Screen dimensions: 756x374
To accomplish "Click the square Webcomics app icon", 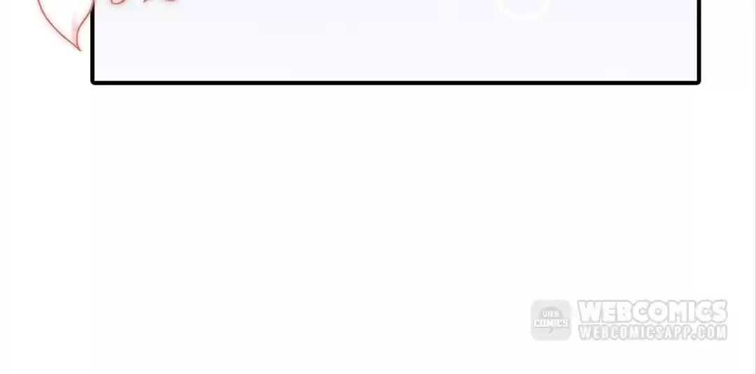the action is coord(551,320).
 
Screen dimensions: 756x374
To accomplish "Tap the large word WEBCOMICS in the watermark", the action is coord(652,312).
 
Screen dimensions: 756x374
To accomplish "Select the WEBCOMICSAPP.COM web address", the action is coord(652,333).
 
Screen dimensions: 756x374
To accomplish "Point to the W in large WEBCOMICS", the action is coord(589,312).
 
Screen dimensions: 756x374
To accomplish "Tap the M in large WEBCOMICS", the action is coord(673,312).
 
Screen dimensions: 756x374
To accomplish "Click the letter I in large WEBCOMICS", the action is coord(689,312).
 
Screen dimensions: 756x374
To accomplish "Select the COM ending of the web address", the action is coord(712,333).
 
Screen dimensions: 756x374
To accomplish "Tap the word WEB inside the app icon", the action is coord(551,314).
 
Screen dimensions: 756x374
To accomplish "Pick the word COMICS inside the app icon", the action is coord(551,323).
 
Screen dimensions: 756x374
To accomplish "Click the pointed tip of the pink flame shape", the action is coord(80,49).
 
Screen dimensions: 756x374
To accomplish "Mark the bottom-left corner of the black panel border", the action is coord(92,83).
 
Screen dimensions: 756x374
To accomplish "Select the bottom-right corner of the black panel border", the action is coord(699,83).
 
